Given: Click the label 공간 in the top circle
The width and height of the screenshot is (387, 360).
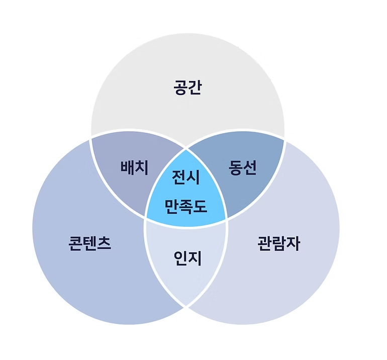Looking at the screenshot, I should [x=187, y=89].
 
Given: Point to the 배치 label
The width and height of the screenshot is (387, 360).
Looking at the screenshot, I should [x=134, y=167].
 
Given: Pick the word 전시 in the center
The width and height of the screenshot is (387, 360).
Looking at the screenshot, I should [x=186, y=177].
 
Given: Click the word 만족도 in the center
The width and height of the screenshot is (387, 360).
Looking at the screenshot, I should [x=186, y=206].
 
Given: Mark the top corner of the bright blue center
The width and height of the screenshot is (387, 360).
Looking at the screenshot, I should [x=187, y=149].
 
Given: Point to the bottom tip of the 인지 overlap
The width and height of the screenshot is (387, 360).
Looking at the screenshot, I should [x=186, y=306].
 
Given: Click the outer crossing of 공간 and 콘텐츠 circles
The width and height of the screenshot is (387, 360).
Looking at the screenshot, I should [x=90, y=137].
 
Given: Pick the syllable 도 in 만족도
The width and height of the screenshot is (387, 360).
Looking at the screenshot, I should [x=200, y=206].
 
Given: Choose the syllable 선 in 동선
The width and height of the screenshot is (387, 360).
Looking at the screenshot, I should [x=249, y=167].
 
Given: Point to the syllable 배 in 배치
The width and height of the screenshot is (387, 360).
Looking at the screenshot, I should [x=127, y=167].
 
